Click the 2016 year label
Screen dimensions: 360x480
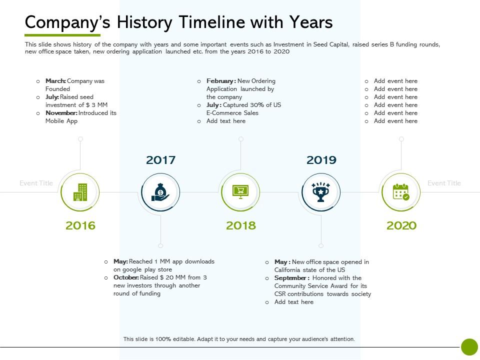(80, 225)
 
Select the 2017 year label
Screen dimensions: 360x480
(160, 160)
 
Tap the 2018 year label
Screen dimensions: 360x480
(241, 225)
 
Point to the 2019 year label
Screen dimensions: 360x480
(321, 160)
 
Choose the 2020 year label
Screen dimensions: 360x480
(401, 225)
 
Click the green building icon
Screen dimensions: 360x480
(80, 192)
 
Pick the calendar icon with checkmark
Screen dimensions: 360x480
(401, 192)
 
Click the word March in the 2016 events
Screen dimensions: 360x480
(55, 81)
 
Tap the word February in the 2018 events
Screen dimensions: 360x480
(220, 81)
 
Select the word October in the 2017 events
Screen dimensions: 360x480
(125, 277)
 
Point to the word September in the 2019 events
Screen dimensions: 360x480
(291, 278)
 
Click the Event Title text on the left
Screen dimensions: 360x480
(36, 183)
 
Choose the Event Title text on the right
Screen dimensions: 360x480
(444, 183)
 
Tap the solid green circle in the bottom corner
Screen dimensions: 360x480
(469, 347)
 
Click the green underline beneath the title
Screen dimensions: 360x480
(62, 35)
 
